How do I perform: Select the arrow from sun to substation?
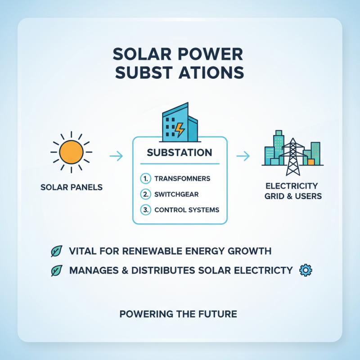(116, 156)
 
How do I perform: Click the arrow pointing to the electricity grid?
(243, 156)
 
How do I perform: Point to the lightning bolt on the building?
(180, 130)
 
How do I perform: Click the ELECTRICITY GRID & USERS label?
(292, 191)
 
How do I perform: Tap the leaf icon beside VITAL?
(57, 251)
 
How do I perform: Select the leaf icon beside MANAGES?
(57, 270)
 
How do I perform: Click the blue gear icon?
(306, 270)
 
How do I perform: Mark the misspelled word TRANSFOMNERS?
(182, 179)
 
